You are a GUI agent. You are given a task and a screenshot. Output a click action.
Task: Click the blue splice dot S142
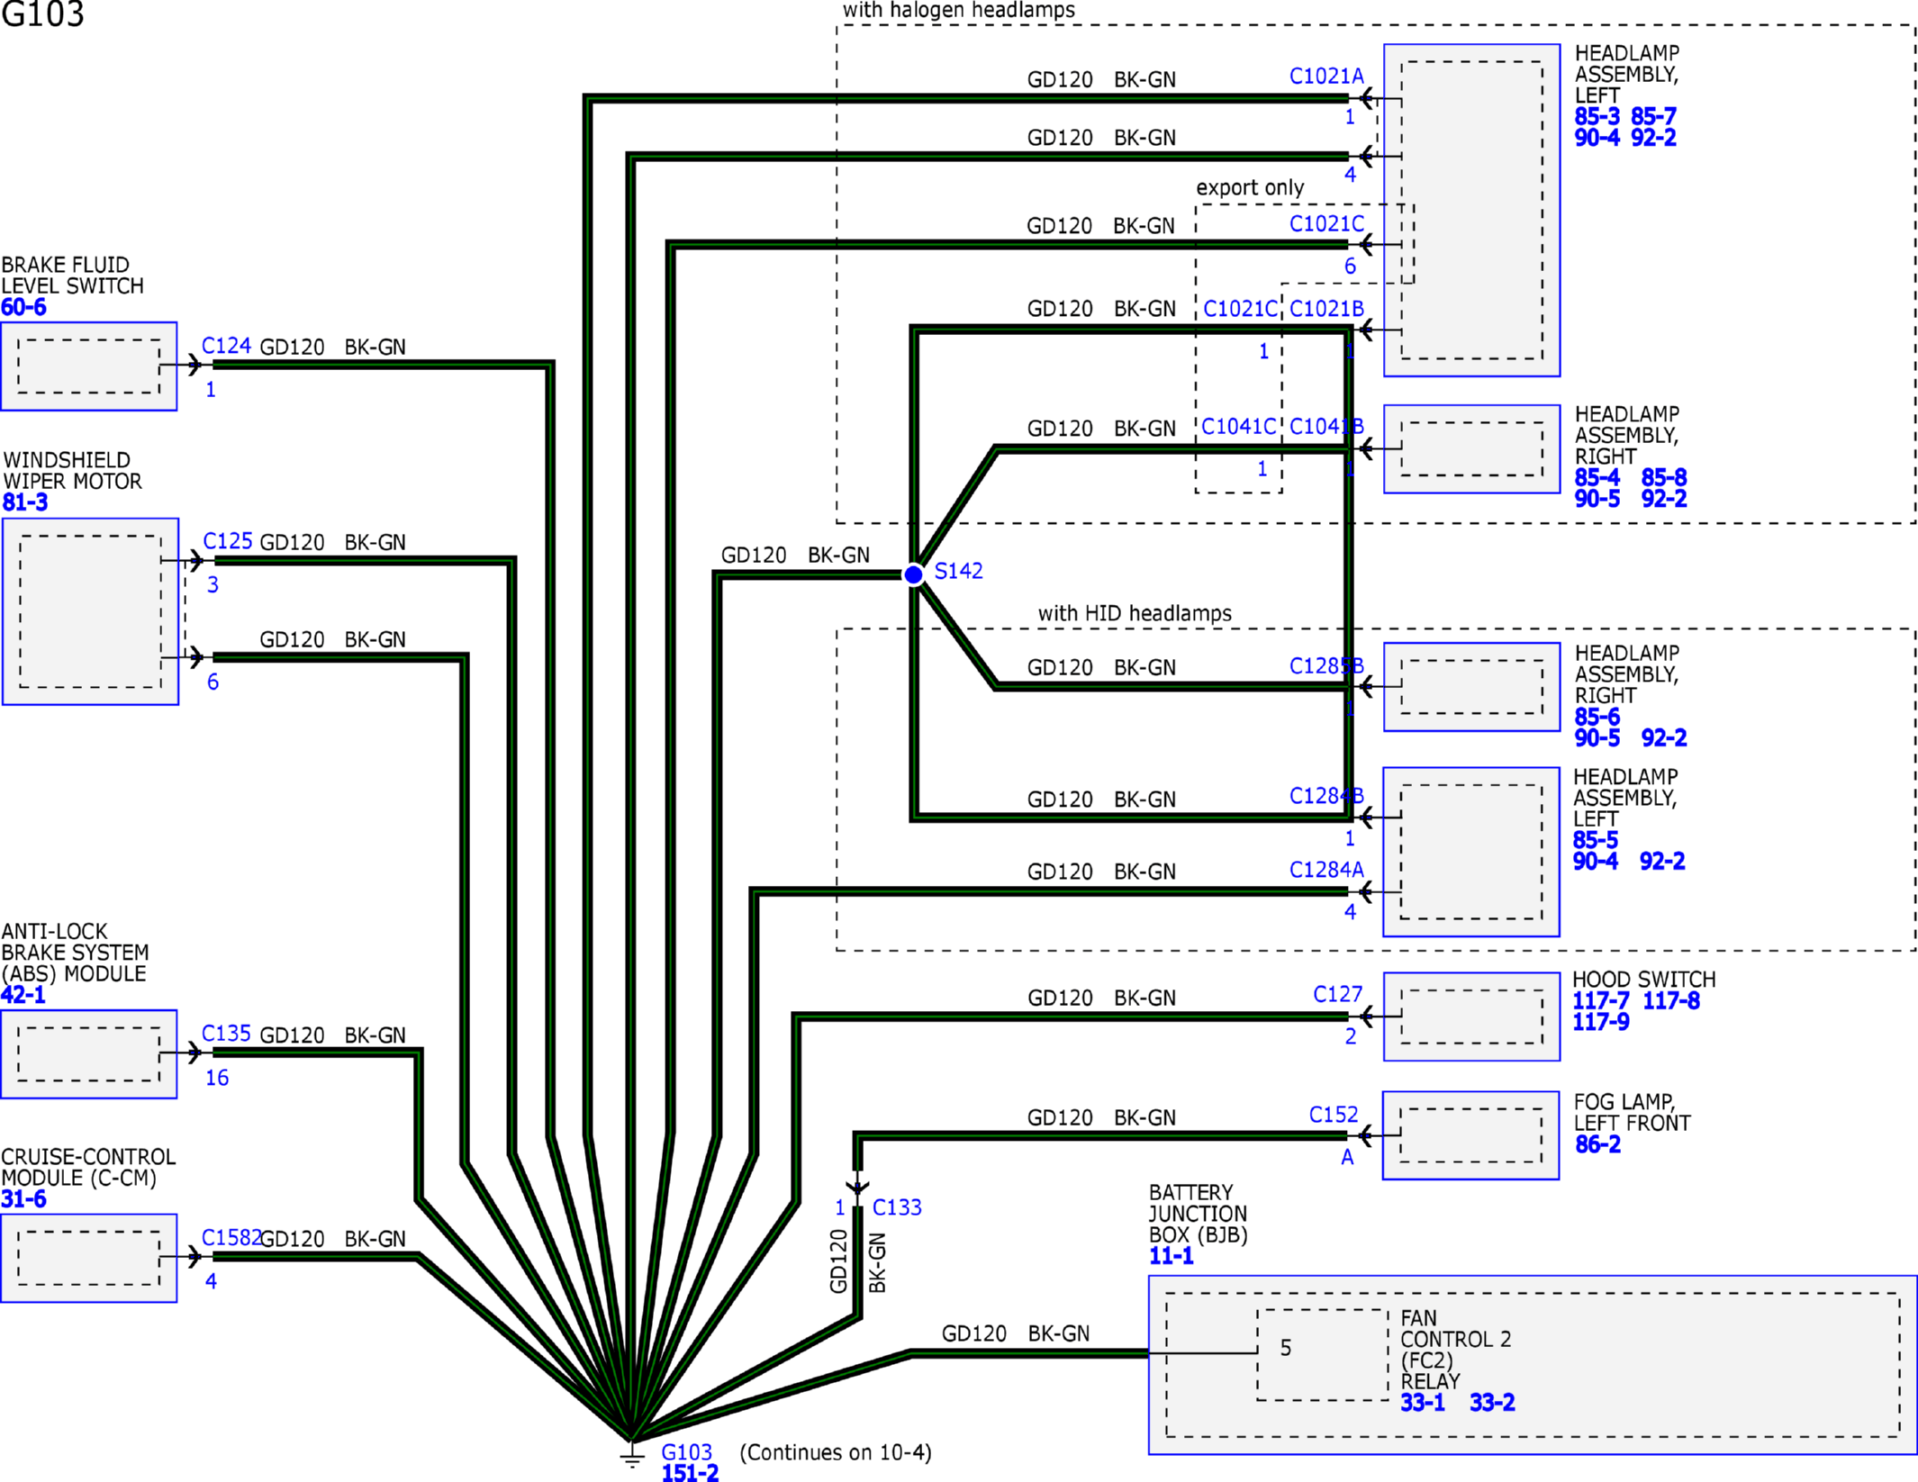click(x=913, y=574)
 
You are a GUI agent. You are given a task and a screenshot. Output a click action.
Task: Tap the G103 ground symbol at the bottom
click(x=632, y=1453)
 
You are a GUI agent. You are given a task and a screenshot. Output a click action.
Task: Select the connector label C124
click(x=226, y=346)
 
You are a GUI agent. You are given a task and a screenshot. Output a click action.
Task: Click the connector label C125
click(x=228, y=541)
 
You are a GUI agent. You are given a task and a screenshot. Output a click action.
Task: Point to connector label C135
click(x=226, y=1034)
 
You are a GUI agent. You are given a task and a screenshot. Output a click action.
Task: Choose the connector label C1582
click(x=231, y=1238)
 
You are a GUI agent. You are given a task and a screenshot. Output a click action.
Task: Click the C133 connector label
click(x=897, y=1207)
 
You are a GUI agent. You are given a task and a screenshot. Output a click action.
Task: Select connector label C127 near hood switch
click(x=1338, y=994)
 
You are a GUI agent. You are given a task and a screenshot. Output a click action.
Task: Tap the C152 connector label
click(x=1334, y=1115)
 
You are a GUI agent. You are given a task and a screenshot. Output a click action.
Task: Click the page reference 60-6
click(x=23, y=307)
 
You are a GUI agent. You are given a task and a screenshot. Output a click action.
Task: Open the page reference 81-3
click(x=25, y=502)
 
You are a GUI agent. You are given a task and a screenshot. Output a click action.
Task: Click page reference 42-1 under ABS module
click(x=23, y=995)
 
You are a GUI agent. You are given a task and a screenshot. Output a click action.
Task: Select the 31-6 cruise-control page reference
click(x=23, y=1199)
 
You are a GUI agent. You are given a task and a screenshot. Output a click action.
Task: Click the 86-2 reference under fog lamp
click(x=1597, y=1144)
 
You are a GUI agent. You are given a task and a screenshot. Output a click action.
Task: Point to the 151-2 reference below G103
click(x=690, y=1473)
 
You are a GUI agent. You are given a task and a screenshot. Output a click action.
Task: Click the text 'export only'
click(x=1250, y=187)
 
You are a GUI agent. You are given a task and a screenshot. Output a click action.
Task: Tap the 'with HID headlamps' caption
click(x=1135, y=613)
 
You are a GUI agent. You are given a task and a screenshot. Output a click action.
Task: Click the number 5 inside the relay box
click(x=1286, y=1348)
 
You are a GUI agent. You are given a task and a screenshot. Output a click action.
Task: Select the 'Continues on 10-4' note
click(x=836, y=1452)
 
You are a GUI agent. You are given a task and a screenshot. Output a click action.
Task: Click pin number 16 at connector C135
click(x=217, y=1078)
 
